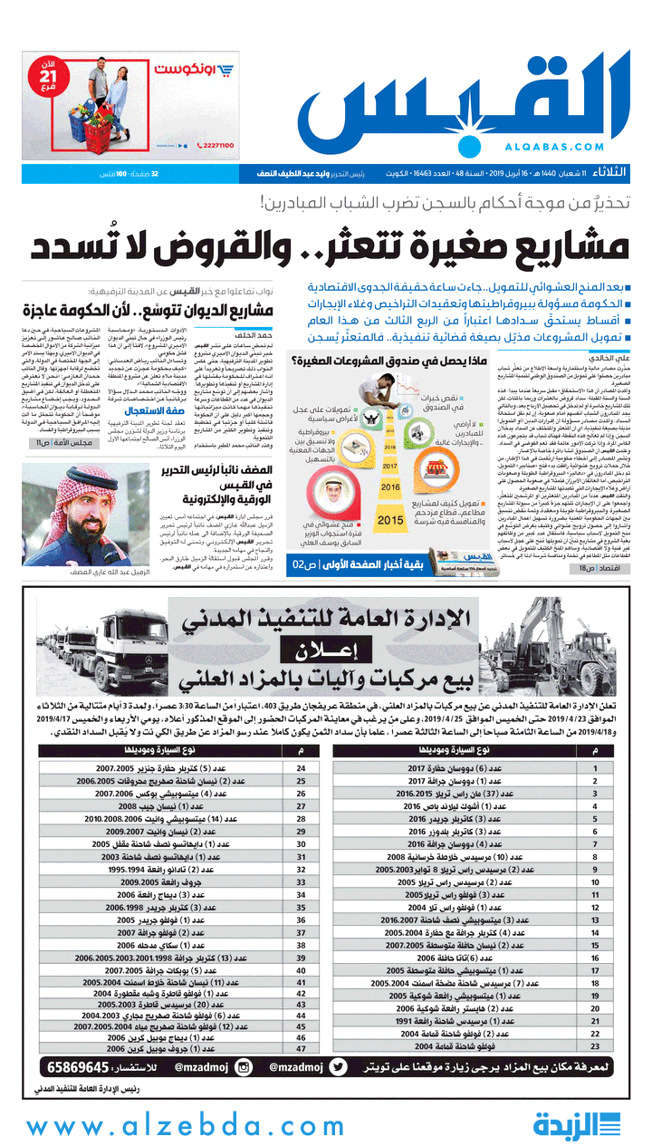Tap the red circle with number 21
click(x=48, y=80)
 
